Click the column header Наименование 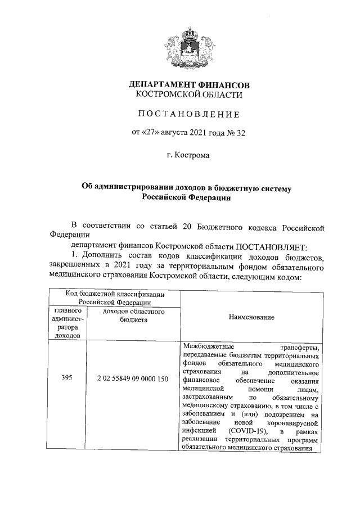coord(251,317)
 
